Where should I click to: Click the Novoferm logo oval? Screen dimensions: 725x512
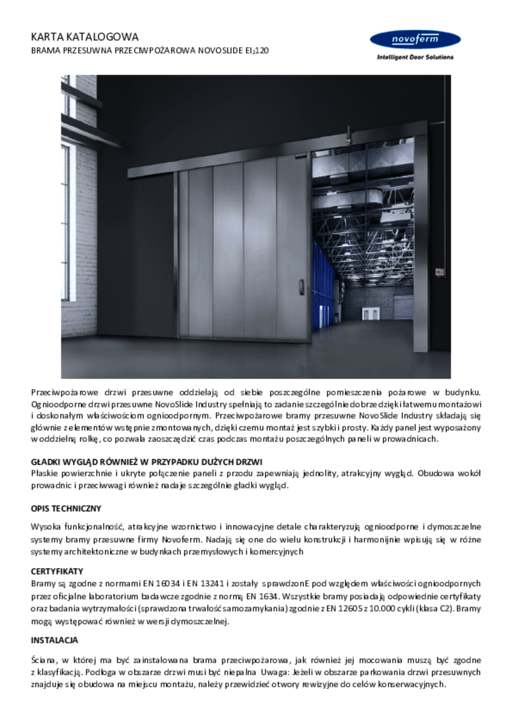tap(415, 40)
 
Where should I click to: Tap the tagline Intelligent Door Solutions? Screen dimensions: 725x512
tap(415, 57)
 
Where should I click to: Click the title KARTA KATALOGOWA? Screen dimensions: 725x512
tap(84, 37)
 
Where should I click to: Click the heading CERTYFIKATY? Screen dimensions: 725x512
tap(57, 571)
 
